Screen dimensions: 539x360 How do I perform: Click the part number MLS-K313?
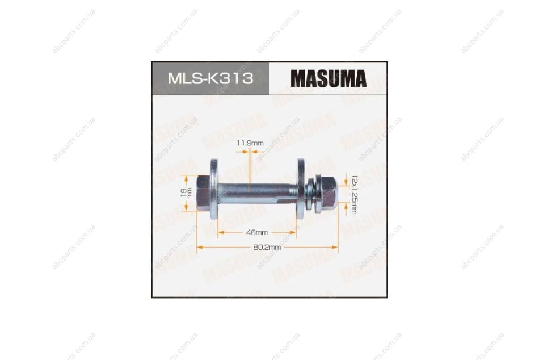[x=210, y=78]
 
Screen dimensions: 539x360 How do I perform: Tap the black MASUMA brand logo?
[x=329, y=78]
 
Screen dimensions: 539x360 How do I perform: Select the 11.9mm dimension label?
[x=250, y=143]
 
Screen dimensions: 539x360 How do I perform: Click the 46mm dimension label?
[x=257, y=233]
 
